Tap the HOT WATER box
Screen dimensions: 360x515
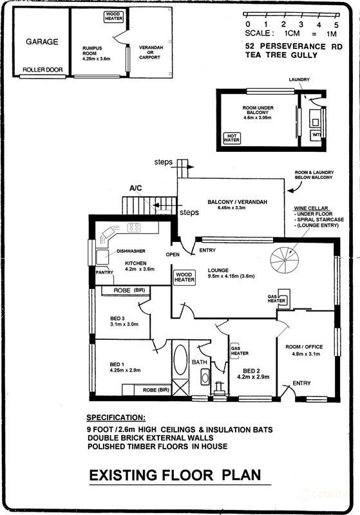(x=232, y=138)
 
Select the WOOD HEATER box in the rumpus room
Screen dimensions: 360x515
(x=113, y=17)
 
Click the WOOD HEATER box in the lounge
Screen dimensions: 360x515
(x=184, y=277)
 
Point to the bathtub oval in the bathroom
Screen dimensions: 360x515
(x=180, y=360)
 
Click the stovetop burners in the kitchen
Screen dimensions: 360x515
(x=134, y=227)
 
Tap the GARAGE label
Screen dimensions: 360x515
(x=42, y=42)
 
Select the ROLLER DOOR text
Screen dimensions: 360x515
(x=43, y=70)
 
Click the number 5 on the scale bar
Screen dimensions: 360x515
(x=336, y=25)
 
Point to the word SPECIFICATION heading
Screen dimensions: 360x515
(x=116, y=418)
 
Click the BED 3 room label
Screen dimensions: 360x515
(x=117, y=318)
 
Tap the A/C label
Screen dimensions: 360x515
(x=136, y=188)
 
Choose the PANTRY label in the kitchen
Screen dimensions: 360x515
(x=104, y=272)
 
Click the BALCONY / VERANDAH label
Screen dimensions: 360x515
(x=237, y=202)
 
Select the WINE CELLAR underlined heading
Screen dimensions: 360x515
(x=310, y=208)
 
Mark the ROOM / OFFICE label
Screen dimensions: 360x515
(x=304, y=347)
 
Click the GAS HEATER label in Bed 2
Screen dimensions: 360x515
(x=240, y=351)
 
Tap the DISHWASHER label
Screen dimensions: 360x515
(x=131, y=251)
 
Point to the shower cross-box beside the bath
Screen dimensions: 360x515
(x=180, y=387)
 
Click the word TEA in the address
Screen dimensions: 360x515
(x=254, y=55)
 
